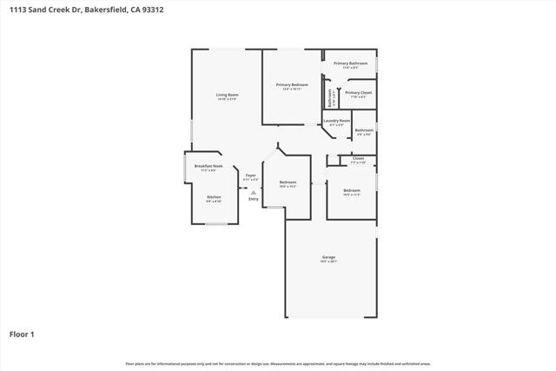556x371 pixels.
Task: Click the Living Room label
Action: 228,95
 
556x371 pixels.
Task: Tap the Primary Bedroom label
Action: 294,84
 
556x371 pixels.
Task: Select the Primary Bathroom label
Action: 351,63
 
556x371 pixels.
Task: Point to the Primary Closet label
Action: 358,92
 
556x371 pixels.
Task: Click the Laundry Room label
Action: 337,120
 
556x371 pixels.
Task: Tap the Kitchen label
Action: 214,197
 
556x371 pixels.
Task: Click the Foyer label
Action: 250,176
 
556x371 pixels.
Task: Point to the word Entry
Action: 254,200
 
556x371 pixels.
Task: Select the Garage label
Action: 328,257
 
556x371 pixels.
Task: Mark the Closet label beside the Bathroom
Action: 358,159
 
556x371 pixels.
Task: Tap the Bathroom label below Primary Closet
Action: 363,130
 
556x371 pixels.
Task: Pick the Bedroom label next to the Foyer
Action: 288,182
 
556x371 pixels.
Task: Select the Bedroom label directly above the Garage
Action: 352,190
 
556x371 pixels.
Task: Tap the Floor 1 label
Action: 22,334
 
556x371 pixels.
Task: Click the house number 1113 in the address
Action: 17,10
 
